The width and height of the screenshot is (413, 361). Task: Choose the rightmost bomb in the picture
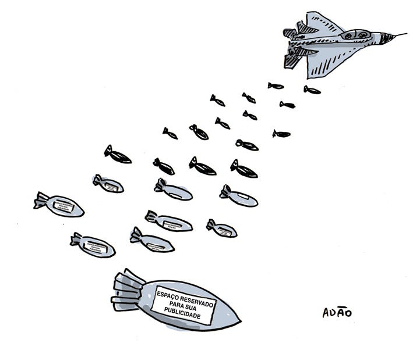312,90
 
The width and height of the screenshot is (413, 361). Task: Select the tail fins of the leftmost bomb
41,201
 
